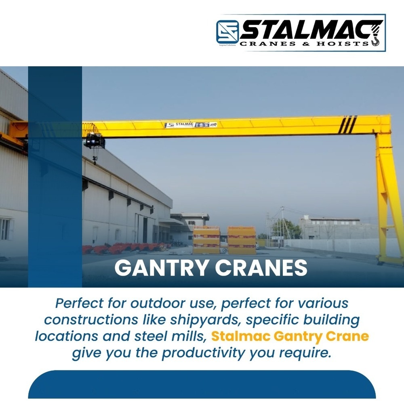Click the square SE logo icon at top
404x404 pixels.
pyautogui.click(x=227, y=32)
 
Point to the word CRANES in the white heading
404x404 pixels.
pyautogui.click(x=259, y=268)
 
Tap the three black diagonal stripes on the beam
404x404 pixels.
pyautogui.click(x=347, y=124)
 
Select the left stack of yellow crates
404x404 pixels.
pyautogui.click(x=206, y=240)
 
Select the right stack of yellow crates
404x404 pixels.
pyautogui.click(x=242, y=240)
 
